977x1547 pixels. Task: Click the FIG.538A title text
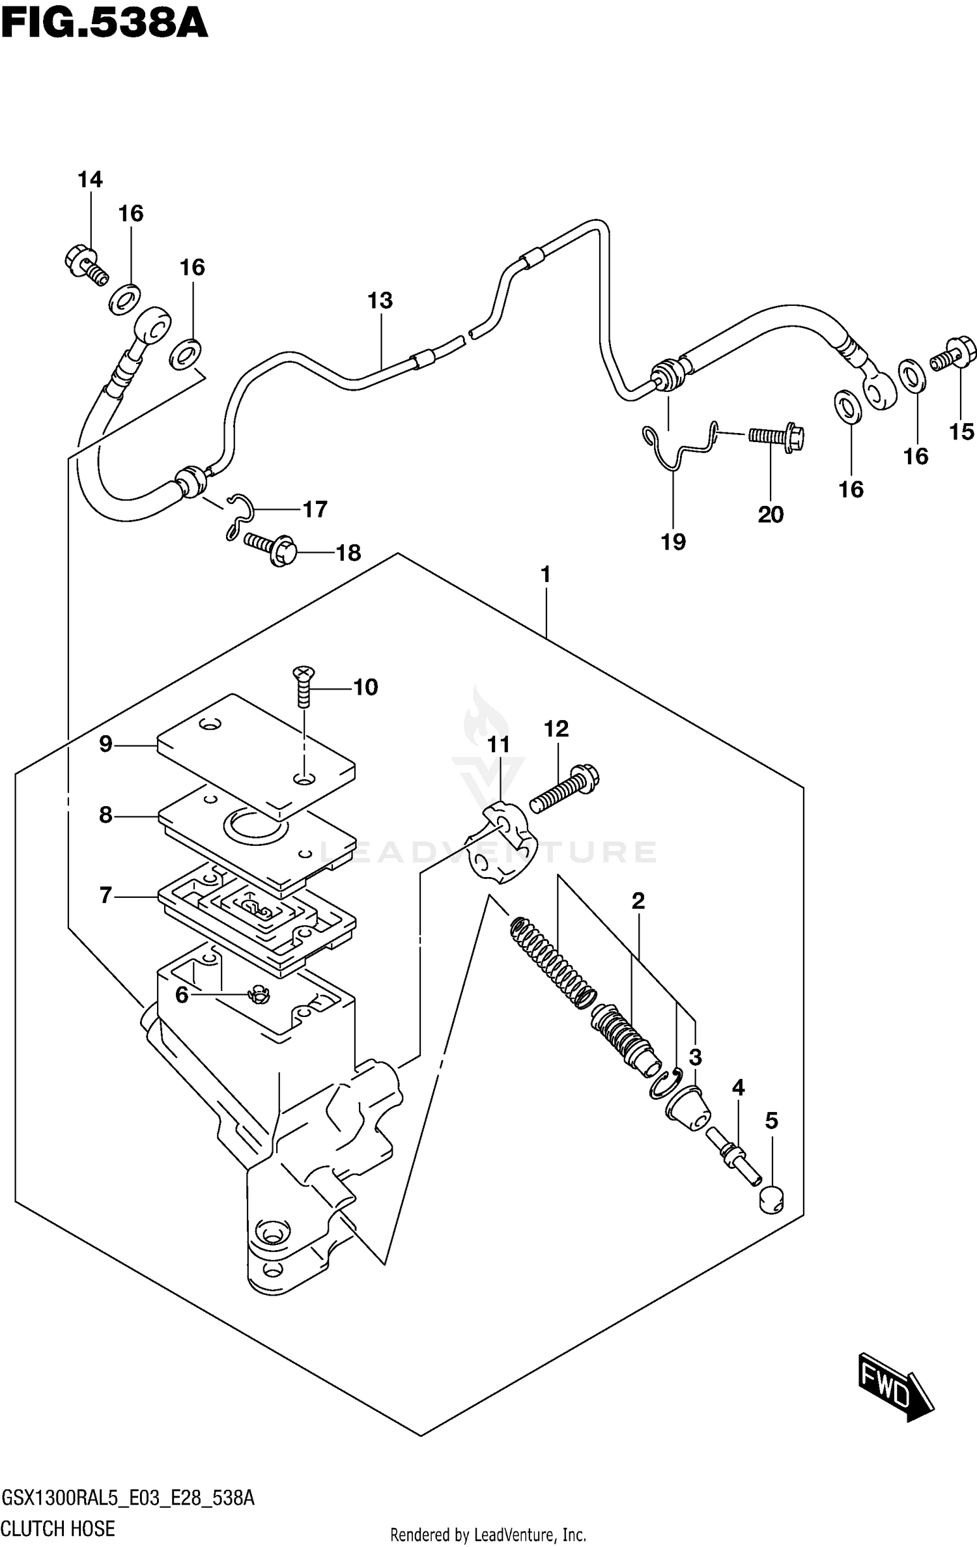pos(104,23)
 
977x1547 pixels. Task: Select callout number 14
pos(90,179)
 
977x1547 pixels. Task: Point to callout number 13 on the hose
pos(380,300)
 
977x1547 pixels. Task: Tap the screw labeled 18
pos(270,548)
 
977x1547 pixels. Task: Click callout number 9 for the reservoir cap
pos(106,744)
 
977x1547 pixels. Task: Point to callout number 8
pos(106,815)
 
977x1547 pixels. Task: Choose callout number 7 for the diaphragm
pos(106,895)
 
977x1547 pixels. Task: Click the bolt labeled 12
pos(564,788)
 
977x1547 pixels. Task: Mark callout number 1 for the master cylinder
pos(546,574)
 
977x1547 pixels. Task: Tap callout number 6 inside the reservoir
pos(182,994)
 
